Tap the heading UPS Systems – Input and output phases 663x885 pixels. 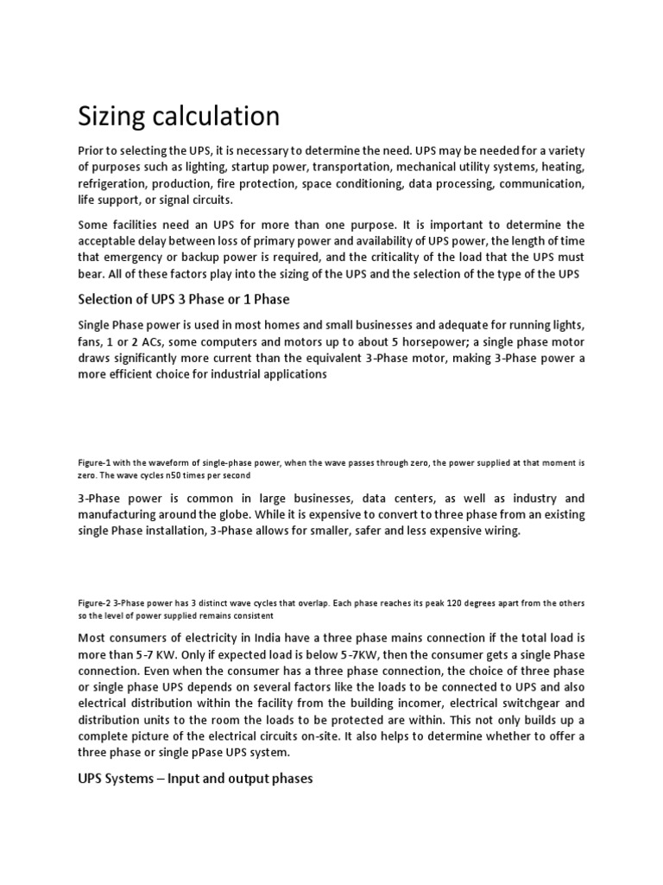pyautogui.click(x=195, y=779)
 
